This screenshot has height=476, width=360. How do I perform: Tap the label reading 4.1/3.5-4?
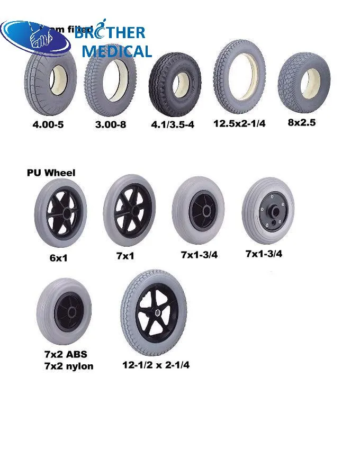173,125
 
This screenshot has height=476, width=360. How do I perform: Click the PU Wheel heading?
51,173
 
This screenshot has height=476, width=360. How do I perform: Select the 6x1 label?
59,258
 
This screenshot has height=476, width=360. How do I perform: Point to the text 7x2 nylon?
69,366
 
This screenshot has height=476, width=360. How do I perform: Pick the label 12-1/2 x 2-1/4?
156,365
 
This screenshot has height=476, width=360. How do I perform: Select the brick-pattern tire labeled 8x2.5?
303,82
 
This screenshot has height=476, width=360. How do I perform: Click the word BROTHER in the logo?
110,33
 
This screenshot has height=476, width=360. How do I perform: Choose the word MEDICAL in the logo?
116,51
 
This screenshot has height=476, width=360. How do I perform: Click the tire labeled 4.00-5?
51,80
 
